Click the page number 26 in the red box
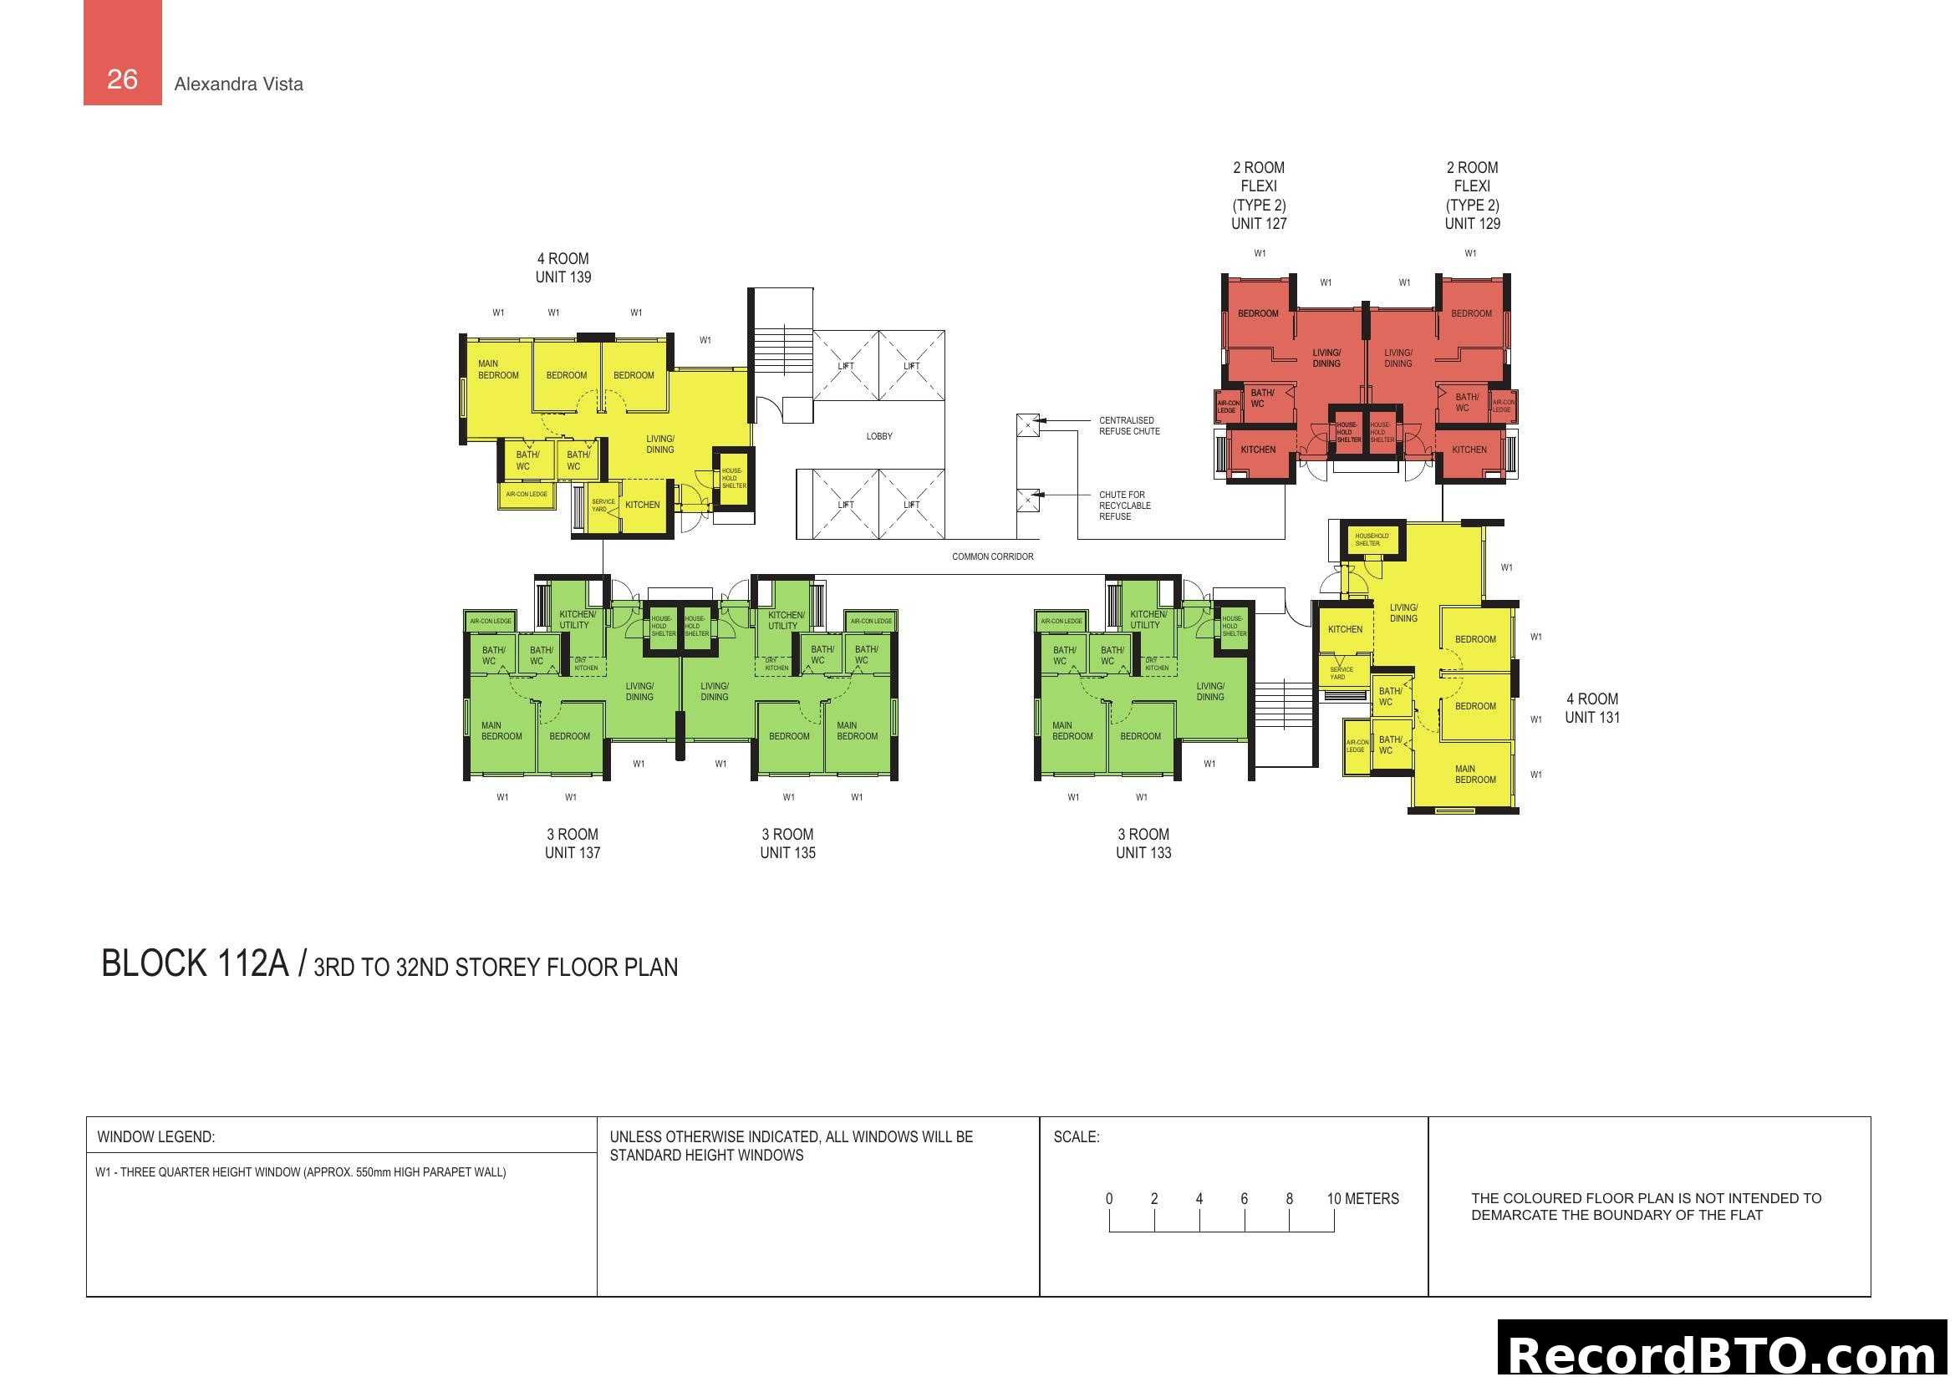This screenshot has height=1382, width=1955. [x=122, y=79]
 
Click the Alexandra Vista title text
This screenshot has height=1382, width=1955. [x=238, y=84]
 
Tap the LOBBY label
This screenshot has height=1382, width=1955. [x=878, y=436]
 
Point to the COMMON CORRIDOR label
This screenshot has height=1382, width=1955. [x=992, y=556]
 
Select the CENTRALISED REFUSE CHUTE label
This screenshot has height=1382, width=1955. [x=1128, y=425]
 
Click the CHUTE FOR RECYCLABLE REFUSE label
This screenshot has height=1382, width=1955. [x=1124, y=506]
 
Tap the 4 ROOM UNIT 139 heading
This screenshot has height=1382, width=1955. [x=563, y=268]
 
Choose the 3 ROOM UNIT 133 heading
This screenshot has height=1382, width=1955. [x=1143, y=843]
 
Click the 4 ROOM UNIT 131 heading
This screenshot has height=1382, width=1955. [x=1591, y=708]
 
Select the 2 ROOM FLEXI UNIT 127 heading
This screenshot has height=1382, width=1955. [x=1259, y=196]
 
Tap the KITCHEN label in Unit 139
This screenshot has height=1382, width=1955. [x=642, y=505]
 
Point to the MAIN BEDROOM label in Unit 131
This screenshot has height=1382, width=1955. [x=1474, y=774]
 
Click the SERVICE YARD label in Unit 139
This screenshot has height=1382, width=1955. [x=603, y=506]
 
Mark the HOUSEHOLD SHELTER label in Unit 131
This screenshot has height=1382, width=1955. [x=1371, y=540]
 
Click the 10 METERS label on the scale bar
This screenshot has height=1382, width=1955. [x=1362, y=1198]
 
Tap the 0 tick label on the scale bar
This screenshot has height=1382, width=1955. [x=1108, y=1198]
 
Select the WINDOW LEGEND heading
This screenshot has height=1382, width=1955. [x=155, y=1137]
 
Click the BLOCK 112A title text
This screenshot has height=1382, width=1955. [x=195, y=964]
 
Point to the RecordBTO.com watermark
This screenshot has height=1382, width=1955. [x=1724, y=1354]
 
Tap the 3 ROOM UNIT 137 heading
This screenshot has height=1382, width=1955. [x=573, y=843]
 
